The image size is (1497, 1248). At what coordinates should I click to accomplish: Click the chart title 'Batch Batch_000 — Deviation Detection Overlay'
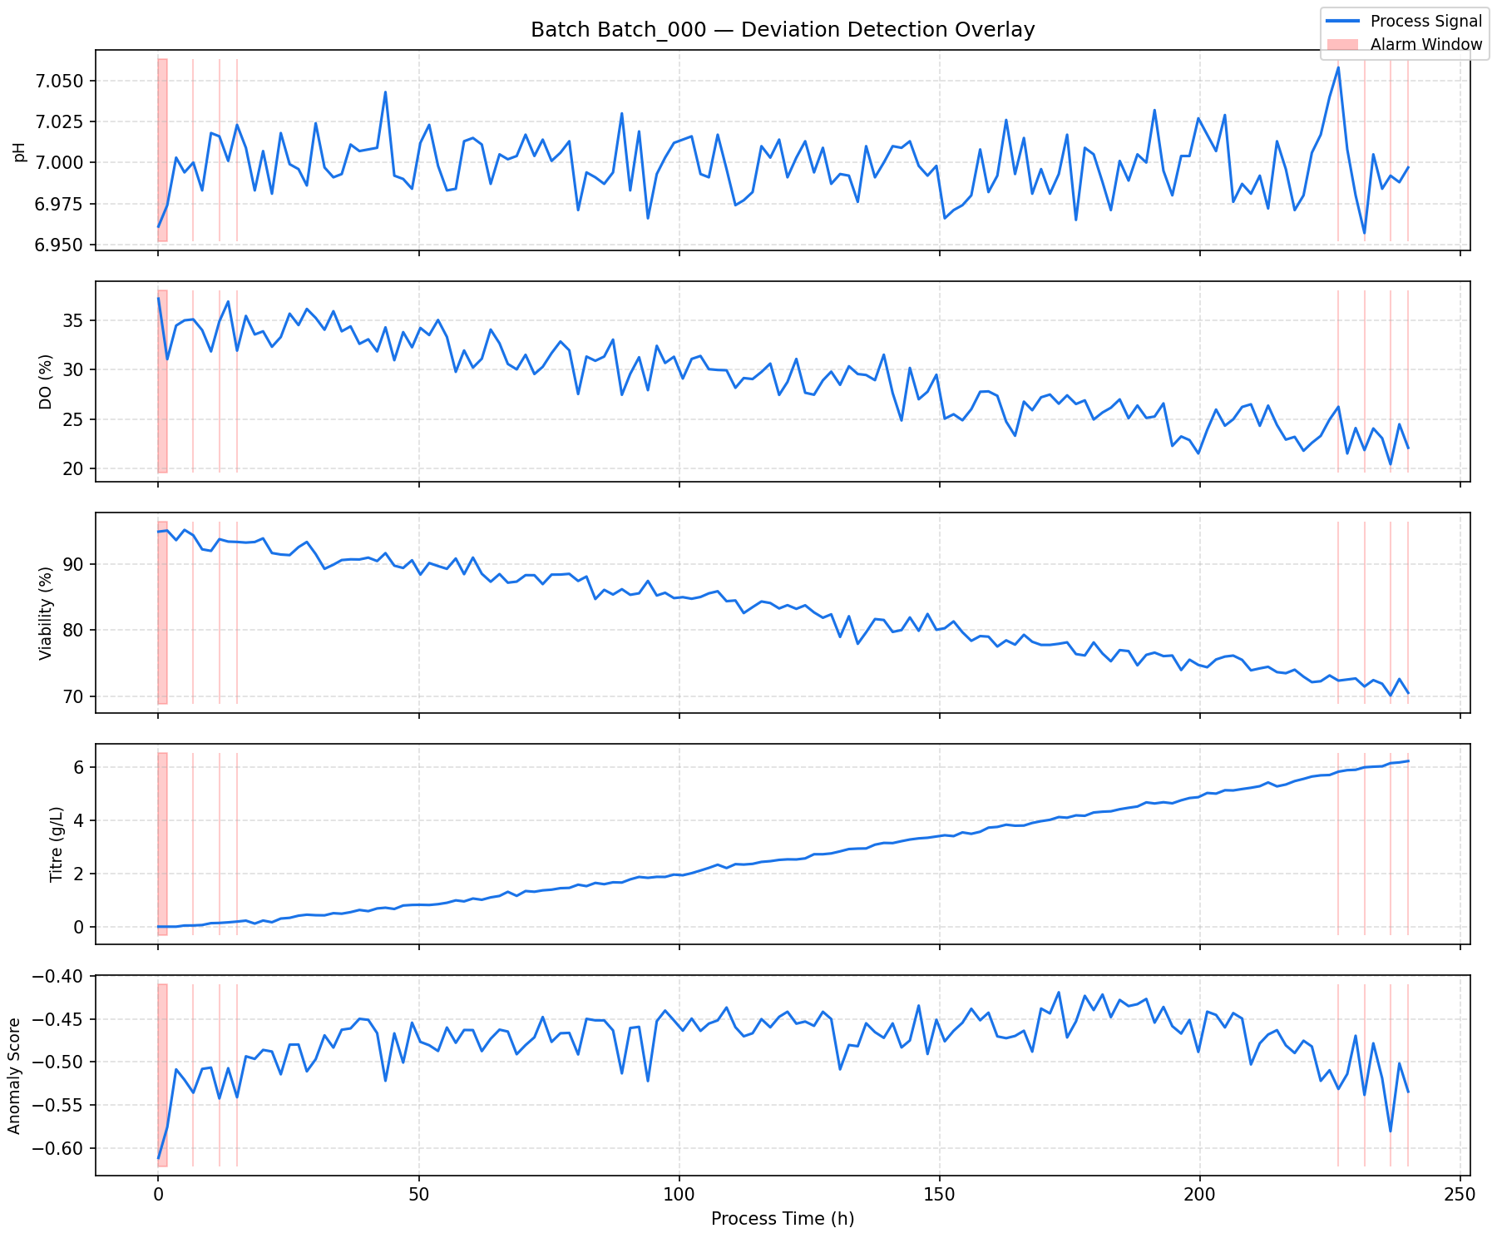click(x=783, y=31)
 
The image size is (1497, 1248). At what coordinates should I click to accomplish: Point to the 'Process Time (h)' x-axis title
click(x=783, y=1219)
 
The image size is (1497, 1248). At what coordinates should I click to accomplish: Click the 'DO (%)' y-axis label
click(x=47, y=382)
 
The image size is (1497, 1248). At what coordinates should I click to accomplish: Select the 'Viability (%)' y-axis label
click(x=47, y=613)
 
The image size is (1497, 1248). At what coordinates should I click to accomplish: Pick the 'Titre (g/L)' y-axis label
click(x=56, y=844)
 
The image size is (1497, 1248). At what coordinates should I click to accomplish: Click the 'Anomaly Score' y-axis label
click(x=14, y=1075)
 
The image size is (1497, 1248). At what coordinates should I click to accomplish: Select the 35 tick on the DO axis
click(x=77, y=320)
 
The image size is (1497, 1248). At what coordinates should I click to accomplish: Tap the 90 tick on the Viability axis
click(x=77, y=564)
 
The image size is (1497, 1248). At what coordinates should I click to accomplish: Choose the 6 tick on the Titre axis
click(x=82, y=767)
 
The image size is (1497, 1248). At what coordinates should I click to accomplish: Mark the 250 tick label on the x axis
click(x=1460, y=1195)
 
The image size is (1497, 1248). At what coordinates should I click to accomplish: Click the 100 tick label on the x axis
click(x=679, y=1195)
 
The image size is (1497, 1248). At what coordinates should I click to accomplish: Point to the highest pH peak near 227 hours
click(x=1337, y=67)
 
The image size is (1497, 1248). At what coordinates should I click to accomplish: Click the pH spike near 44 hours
click(x=385, y=92)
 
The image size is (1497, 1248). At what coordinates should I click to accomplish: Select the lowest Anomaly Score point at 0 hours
click(x=158, y=1158)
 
